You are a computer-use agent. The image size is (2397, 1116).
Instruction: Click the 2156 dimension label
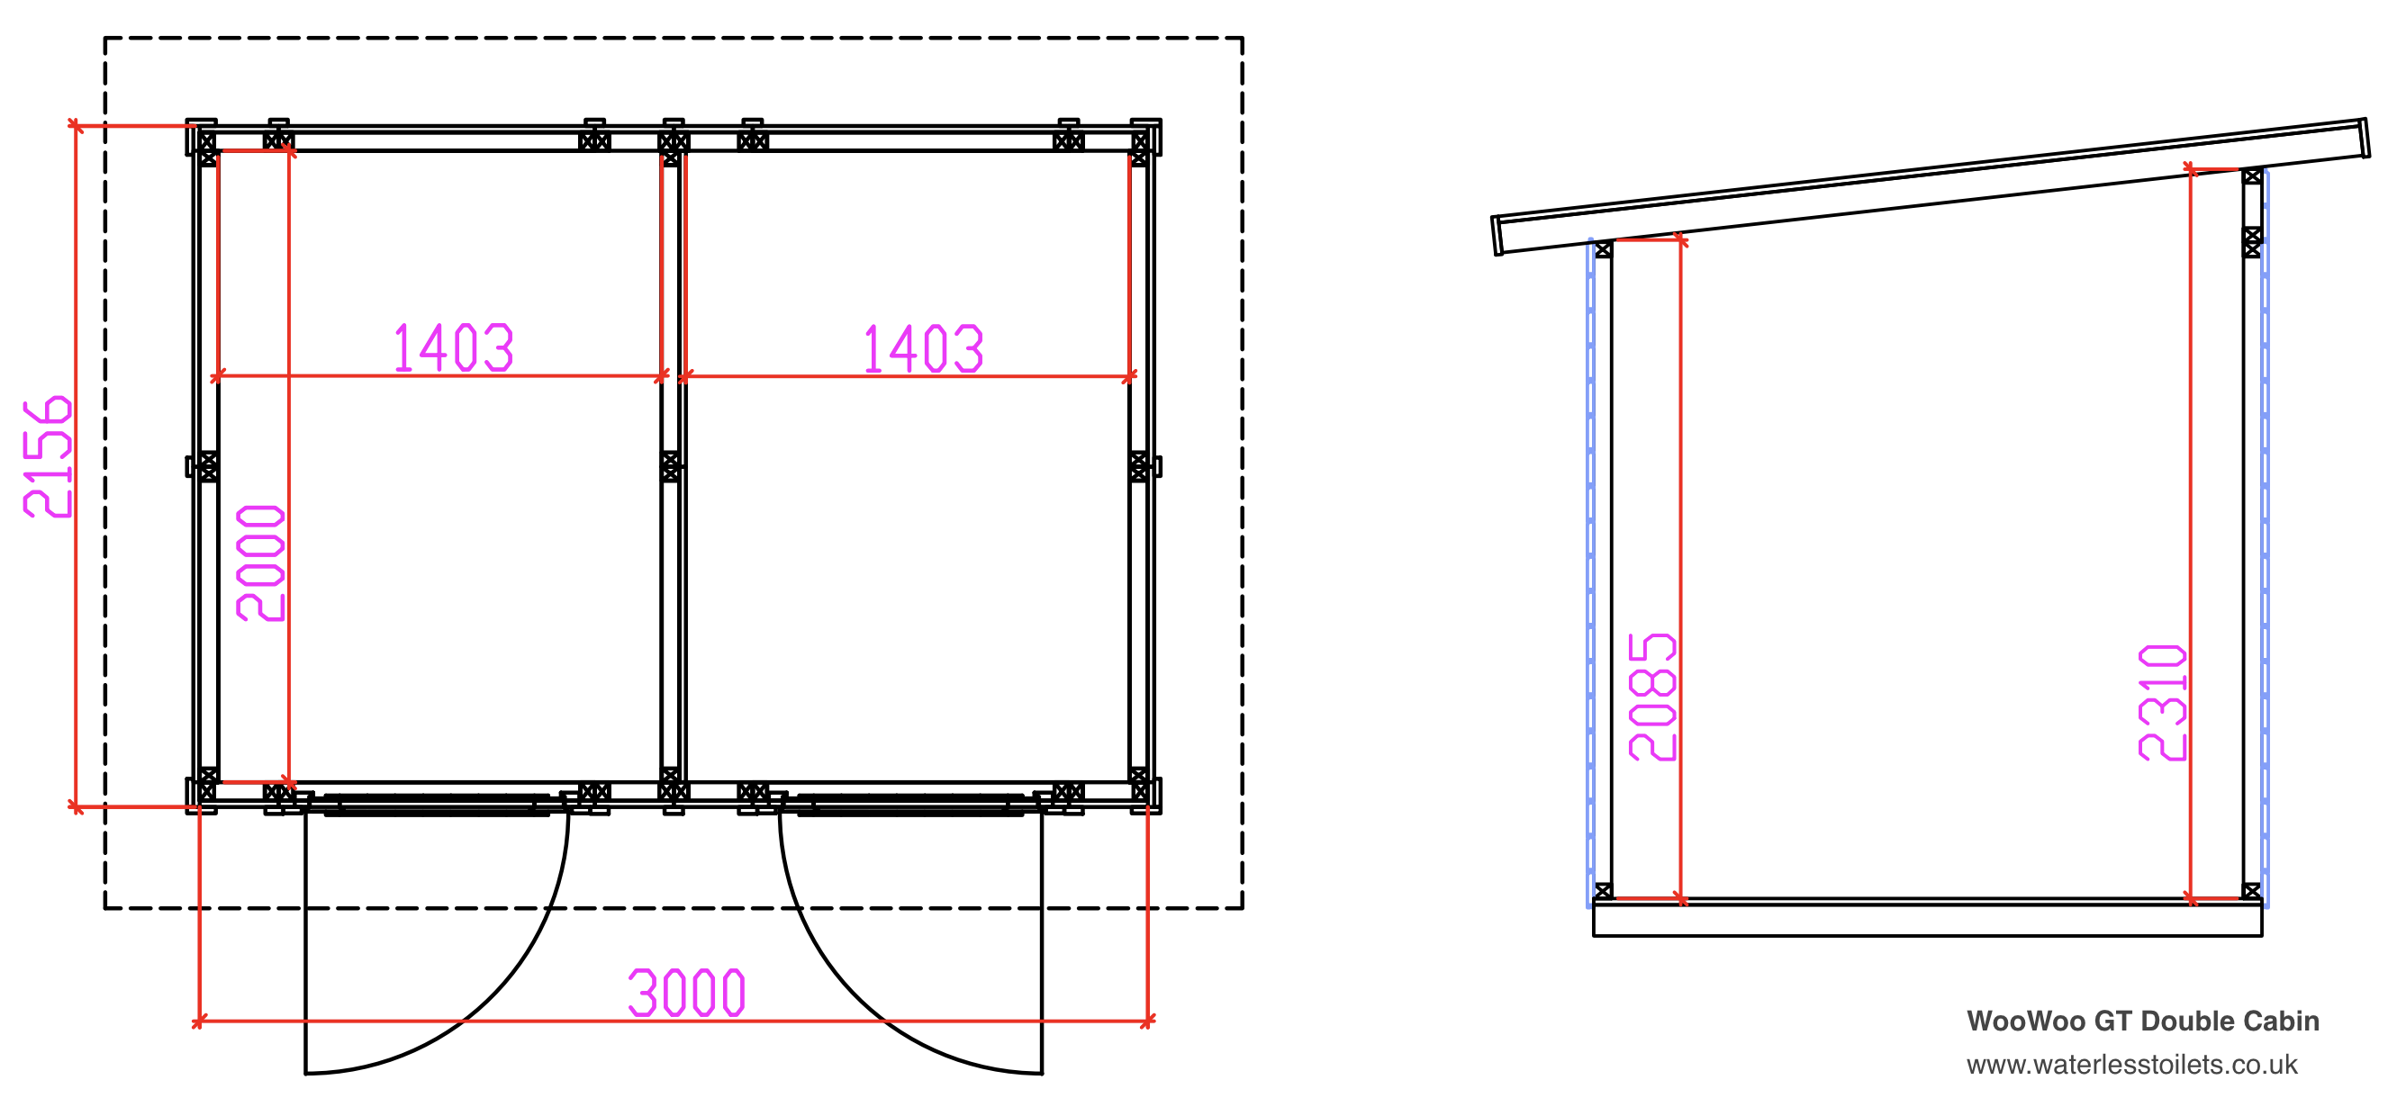click(x=48, y=456)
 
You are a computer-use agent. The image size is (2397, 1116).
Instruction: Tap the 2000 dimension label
click(x=260, y=562)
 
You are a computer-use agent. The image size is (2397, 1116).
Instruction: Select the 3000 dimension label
click(x=687, y=994)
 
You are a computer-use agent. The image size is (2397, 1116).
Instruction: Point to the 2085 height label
click(x=1652, y=697)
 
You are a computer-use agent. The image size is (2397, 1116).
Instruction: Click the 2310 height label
click(x=2163, y=702)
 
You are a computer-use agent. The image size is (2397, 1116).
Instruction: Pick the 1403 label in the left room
click(x=453, y=347)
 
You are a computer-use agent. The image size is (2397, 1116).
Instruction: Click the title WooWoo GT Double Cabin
click(x=2142, y=1021)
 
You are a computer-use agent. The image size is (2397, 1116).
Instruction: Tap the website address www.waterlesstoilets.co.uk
click(x=2131, y=1065)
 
